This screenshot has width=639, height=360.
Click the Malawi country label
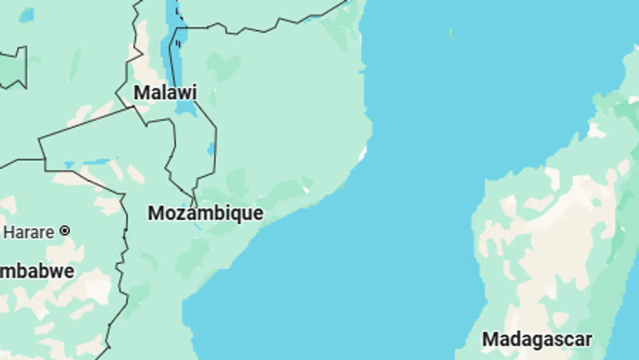[x=165, y=93]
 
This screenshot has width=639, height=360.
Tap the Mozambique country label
[x=205, y=214]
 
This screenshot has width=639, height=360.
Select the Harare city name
[x=29, y=232]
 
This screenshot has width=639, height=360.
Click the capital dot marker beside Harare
[x=65, y=231]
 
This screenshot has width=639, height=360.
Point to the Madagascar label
[x=537, y=340]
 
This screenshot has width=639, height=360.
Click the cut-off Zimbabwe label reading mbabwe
[x=37, y=271]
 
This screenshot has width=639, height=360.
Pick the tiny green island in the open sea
[x=451, y=33]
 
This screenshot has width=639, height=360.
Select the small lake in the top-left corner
[x=26, y=16]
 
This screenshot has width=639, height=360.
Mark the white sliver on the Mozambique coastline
[x=363, y=154]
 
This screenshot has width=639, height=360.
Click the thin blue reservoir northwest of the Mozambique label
[x=95, y=162]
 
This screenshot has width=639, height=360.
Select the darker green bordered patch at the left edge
[x=13, y=69]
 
